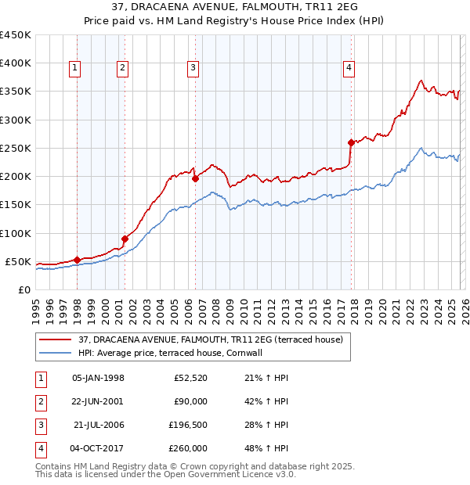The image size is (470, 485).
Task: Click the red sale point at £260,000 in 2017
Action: pos(351,142)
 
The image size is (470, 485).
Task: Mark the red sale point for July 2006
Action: pos(195,178)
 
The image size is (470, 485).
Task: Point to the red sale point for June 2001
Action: pos(125,239)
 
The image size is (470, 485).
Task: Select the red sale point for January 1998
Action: pos(77,260)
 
